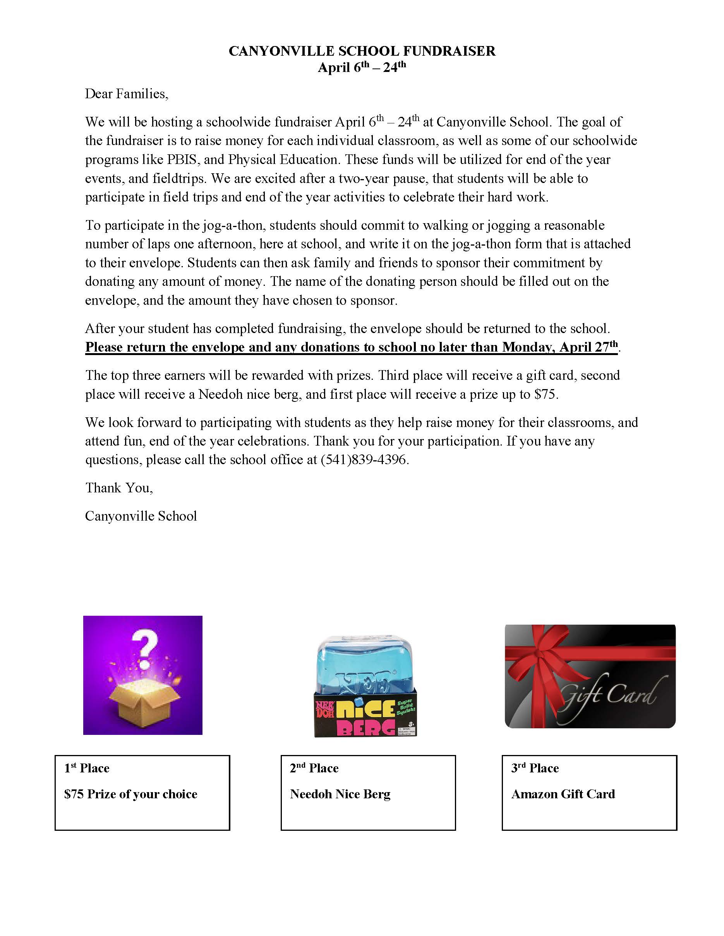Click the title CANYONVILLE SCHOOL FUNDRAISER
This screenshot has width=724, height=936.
click(362, 51)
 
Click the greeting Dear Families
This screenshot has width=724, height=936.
click(127, 94)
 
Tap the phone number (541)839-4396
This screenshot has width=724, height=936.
click(364, 459)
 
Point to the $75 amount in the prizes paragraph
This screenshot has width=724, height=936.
click(545, 394)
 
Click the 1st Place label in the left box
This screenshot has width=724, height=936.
click(87, 768)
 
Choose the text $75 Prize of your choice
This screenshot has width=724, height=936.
click(130, 794)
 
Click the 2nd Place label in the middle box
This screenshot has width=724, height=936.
click(314, 768)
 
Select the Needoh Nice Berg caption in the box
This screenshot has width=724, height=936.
click(340, 794)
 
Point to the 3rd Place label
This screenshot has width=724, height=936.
click(535, 768)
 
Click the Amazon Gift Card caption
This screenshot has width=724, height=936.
click(563, 794)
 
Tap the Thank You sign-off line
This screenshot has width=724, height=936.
click(119, 488)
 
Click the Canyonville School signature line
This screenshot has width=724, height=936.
click(141, 516)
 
